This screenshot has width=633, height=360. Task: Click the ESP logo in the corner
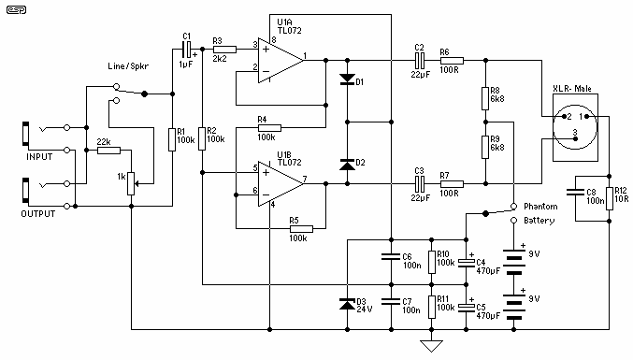(x=17, y=9)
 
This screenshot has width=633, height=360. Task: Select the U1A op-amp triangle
(x=281, y=61)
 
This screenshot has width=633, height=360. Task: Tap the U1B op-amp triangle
(x=281, y=183)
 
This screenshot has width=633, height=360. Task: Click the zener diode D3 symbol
(x=347, y=304)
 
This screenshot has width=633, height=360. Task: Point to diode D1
(x=347, y=79)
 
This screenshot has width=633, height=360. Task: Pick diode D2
(x=347, y=165)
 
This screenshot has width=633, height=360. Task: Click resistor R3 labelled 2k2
(x=224, y=50)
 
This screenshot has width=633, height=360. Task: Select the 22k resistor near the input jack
(x=109, y=151)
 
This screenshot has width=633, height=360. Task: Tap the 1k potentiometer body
(x=131, y=183)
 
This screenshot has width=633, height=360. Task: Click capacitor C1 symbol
(x=186, y=50)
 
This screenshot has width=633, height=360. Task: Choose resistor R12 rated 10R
(x=610, y=198)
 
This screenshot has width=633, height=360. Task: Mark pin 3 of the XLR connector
(x=575, y=138)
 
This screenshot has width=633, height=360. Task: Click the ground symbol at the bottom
(x=432, y=346)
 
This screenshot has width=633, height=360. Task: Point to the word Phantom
(x=540, y=207)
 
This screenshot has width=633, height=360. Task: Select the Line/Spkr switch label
(x=128, y=66)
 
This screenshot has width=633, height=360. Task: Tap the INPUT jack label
(x=39, y=156)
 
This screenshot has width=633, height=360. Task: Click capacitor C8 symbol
(x=575, y=192)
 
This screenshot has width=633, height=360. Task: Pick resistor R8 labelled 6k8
(x=485, y=98)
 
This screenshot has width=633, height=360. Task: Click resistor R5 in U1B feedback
(x=301, y=229)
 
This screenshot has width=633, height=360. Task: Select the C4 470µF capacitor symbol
(x=467, y=263)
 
